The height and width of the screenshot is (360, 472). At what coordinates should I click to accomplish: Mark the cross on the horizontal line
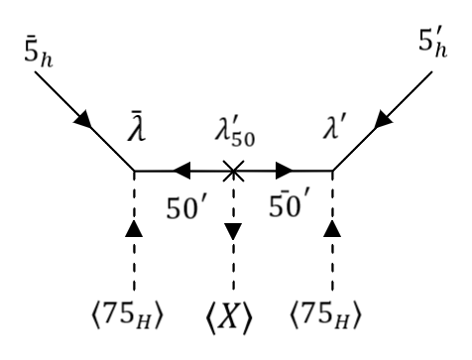233,171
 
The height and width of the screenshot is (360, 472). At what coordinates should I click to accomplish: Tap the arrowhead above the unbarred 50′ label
180,171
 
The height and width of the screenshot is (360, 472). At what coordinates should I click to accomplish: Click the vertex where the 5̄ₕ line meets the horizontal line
134,171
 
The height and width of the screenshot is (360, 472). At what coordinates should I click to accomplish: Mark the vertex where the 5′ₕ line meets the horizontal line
333,171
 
